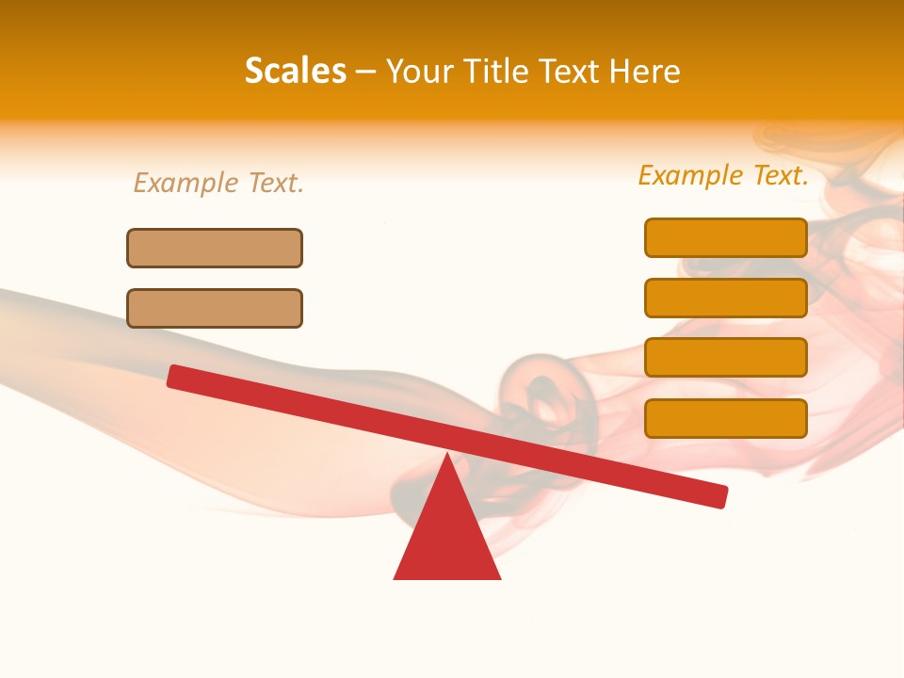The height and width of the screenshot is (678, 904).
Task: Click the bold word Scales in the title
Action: coord(295,71)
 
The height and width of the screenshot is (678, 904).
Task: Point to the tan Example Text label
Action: coord(218,183)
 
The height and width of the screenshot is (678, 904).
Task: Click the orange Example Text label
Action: coord(723,175)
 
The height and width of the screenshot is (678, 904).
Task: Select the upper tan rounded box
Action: coord(215,248)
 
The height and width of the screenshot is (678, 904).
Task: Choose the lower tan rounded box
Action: coord(215,308)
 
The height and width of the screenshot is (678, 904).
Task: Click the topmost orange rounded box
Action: coord(726,237)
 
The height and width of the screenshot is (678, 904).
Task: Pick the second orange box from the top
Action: coord(726,298)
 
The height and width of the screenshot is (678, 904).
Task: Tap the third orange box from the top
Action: coord(726,357)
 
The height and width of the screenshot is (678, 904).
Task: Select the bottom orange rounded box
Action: coord(726,418)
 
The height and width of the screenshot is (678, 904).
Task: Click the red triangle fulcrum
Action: coord(447,537)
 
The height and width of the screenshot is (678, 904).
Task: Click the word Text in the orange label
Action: coord(779,175)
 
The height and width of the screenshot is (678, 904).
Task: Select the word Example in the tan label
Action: coord(186,183)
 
